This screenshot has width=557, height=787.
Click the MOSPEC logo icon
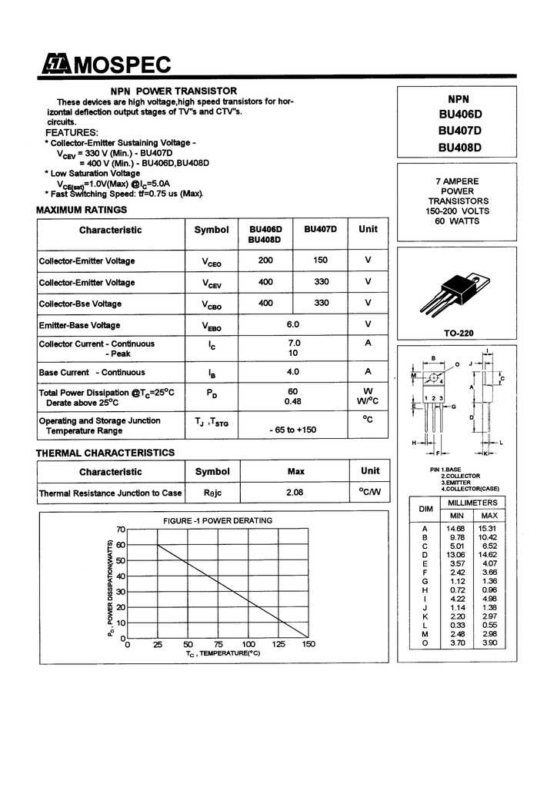(x=55, y=65)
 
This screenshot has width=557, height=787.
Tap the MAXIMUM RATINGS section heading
(x=82, y=210)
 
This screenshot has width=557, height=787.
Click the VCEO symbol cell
(x=212, y=261)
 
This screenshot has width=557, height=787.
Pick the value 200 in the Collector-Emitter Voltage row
(x=265, y=261)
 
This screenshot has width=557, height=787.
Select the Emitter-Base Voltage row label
(x=79, y=325)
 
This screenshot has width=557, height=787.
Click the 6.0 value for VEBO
(x=292, y=324)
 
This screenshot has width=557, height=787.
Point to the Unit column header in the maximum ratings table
(x=368, y=229)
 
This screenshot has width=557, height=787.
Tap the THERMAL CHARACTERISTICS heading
(x=105, y=453)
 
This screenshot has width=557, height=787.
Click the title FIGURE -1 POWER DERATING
(x=218, y=520)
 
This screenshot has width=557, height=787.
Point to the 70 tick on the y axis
(x=120, y=530)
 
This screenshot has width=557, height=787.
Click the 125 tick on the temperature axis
(x=278, y=644)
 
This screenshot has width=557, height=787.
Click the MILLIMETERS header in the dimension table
(x=472, y=502)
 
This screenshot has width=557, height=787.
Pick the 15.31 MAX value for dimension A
(x=488, y=529)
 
